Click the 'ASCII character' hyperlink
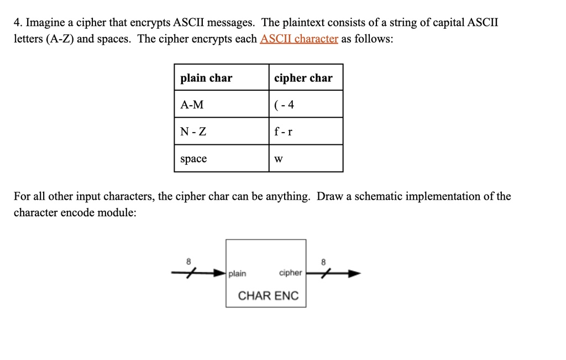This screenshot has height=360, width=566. coord(299,38)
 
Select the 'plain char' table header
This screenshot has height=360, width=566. coord(206,77)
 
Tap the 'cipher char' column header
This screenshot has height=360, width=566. coord(303,77)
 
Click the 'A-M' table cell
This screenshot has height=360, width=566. coord(192,105)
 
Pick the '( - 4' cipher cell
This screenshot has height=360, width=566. coord(284,105)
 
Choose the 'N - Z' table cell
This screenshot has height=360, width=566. coord(193,132)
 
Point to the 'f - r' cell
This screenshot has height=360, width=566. coord(283,131)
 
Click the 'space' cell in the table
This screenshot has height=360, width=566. coord(193,159)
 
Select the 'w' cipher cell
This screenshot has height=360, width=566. coord(279,159)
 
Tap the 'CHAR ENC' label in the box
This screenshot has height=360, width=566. coord(268,296)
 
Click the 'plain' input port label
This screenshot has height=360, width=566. coord(237,274)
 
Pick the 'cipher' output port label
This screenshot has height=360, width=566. coord(290,273)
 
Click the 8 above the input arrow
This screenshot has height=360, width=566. coord(188,262)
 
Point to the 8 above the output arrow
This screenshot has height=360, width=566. coord(323,262)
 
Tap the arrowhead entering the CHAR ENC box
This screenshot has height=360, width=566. coord(219,273)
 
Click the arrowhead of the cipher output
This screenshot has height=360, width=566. coord(354,273)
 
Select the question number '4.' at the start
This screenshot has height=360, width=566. coord(18,22)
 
